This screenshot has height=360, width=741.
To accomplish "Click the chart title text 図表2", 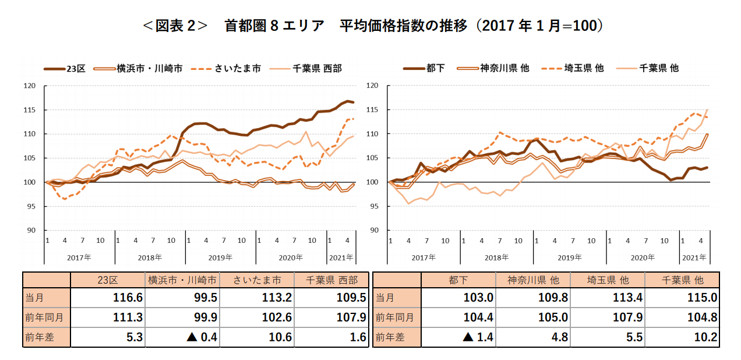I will click(175, 26).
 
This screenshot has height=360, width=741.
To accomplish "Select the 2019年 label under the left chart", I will click(221, 257).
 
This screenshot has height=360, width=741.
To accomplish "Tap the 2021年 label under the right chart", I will click(694, 257).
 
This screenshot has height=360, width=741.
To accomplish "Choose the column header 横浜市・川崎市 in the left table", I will click(182, 280).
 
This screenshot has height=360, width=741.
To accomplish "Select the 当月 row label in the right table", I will click(385, 298).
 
